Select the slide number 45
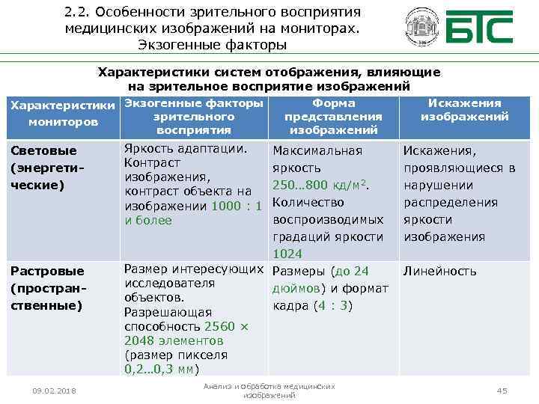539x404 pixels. (502, 391)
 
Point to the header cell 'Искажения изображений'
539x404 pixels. (464, 110)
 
